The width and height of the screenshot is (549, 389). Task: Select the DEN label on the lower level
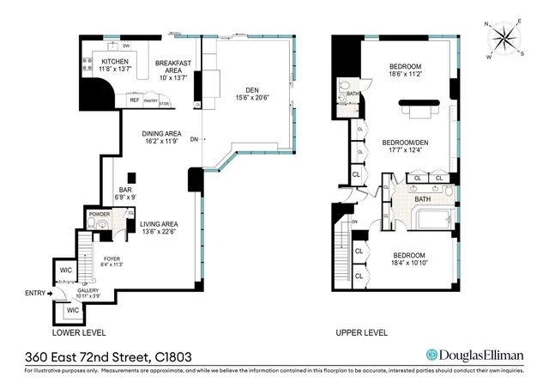click(x=251, y=88)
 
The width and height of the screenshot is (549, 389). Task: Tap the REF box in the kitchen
click(x=134, y=100)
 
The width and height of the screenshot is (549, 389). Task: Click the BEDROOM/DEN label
click(x=404, y=143)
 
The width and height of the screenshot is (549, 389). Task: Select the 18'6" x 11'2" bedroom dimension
click(x=405, y=75)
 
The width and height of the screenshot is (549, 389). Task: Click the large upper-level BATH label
click(x=422, y=199)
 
